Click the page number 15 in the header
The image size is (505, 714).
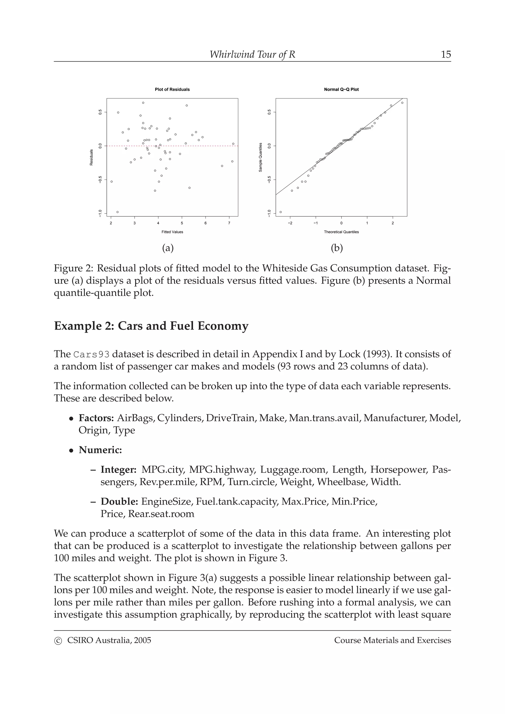tap(446, 54)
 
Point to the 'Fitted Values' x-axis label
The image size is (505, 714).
tap(172, 232)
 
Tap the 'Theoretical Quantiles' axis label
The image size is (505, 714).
tap(341, 232)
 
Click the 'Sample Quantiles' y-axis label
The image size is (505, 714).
tap(260, 157)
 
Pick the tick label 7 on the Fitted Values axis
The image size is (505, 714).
tap(229, 223)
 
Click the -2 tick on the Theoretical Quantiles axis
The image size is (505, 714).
tap(290, 223)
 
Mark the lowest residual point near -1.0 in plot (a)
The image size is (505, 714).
tap(117, 212)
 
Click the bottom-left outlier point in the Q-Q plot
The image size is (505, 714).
tap(281, 212)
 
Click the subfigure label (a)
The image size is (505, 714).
tap(168, 248)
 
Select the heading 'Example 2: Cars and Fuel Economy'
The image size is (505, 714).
tap(151, 326)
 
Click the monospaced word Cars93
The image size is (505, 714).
tap(91, 355)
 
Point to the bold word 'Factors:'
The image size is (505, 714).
tap(96, 418)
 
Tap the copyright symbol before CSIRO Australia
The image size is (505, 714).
tap(58, 641)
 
